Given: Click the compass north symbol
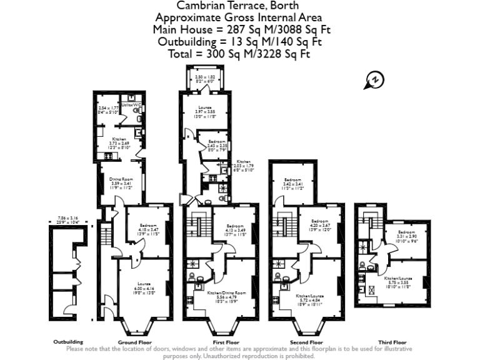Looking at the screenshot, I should point(374,80).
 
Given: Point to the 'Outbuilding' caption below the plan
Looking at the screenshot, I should point(67,342).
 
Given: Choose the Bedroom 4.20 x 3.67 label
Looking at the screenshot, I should point(320,224).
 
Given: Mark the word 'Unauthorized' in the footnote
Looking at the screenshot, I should point(228,355).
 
